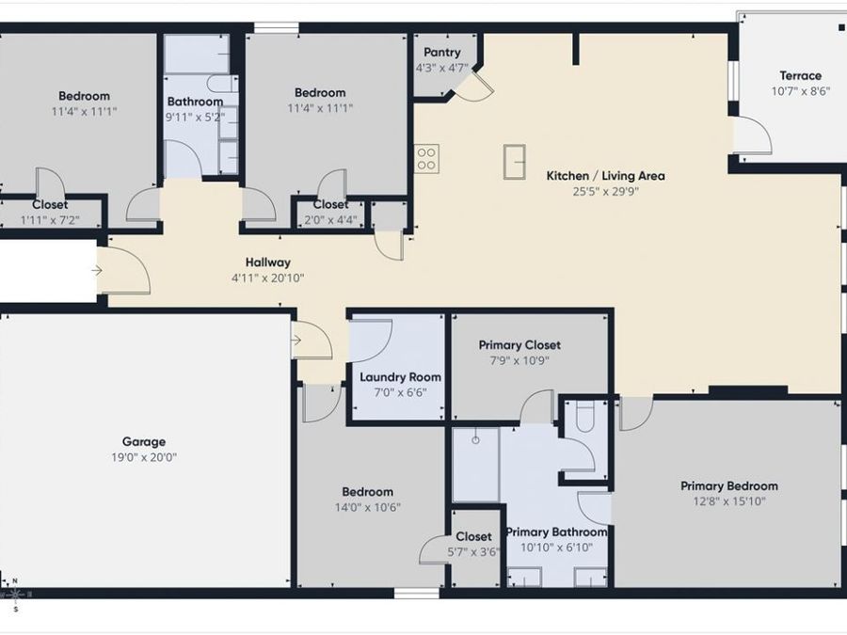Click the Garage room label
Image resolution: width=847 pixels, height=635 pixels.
(x=144, y=442)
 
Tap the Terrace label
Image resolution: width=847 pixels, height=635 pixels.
(x=800, y=75)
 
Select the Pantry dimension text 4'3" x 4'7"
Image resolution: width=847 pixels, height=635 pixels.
(x=442, y=68)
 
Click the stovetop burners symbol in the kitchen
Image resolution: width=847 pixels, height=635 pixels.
(x=426, y=159)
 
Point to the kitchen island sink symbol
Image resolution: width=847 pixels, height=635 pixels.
(x=514, y=162)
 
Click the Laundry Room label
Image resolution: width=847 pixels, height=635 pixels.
(x=400, y=377)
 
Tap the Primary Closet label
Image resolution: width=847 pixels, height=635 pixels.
(x=519, y=345)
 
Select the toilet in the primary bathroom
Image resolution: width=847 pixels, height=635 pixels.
(x=585, y=416)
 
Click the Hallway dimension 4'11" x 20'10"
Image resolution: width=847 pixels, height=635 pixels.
(x=268, y=278)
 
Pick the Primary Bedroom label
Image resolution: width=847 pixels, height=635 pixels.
(x=729, y=486)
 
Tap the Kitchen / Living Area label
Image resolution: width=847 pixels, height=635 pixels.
(x=605, y=176)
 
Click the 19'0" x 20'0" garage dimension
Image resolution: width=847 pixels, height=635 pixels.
(x=144, y=457)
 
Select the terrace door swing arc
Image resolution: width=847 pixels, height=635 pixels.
(x=754, y=135)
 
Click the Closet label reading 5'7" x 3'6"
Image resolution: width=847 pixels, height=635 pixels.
(x=473, y=537)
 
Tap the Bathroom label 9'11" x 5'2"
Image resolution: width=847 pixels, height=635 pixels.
(x=195, y=102)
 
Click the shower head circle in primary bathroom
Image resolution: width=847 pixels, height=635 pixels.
(x=475, y=440)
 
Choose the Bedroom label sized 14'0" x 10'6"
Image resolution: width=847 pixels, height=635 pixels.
(x=367, y=492)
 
